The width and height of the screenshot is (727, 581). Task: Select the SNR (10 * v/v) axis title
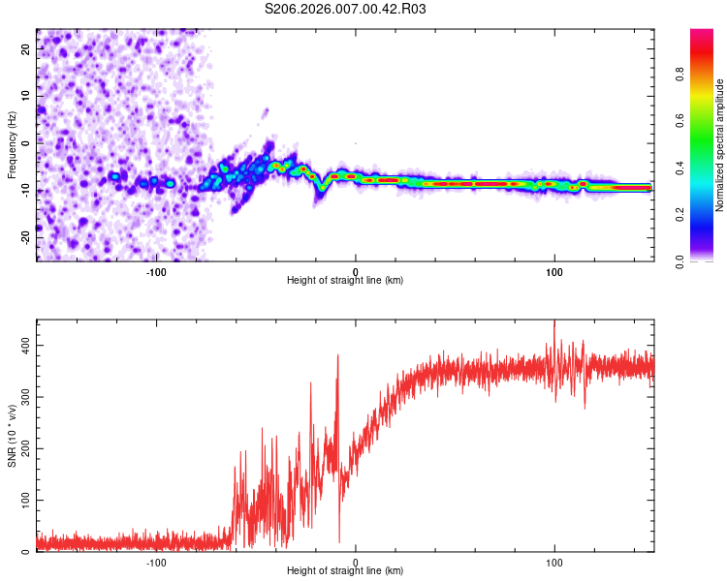coord(12,436)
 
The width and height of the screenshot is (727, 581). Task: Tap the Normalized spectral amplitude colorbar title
coord(720,145)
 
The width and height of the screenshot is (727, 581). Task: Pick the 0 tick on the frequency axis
coord(27,141)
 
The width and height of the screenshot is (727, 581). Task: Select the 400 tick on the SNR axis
coord(23,345)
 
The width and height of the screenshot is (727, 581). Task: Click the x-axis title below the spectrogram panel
coord(345,281)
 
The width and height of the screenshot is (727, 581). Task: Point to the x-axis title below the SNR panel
coord(345,572)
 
